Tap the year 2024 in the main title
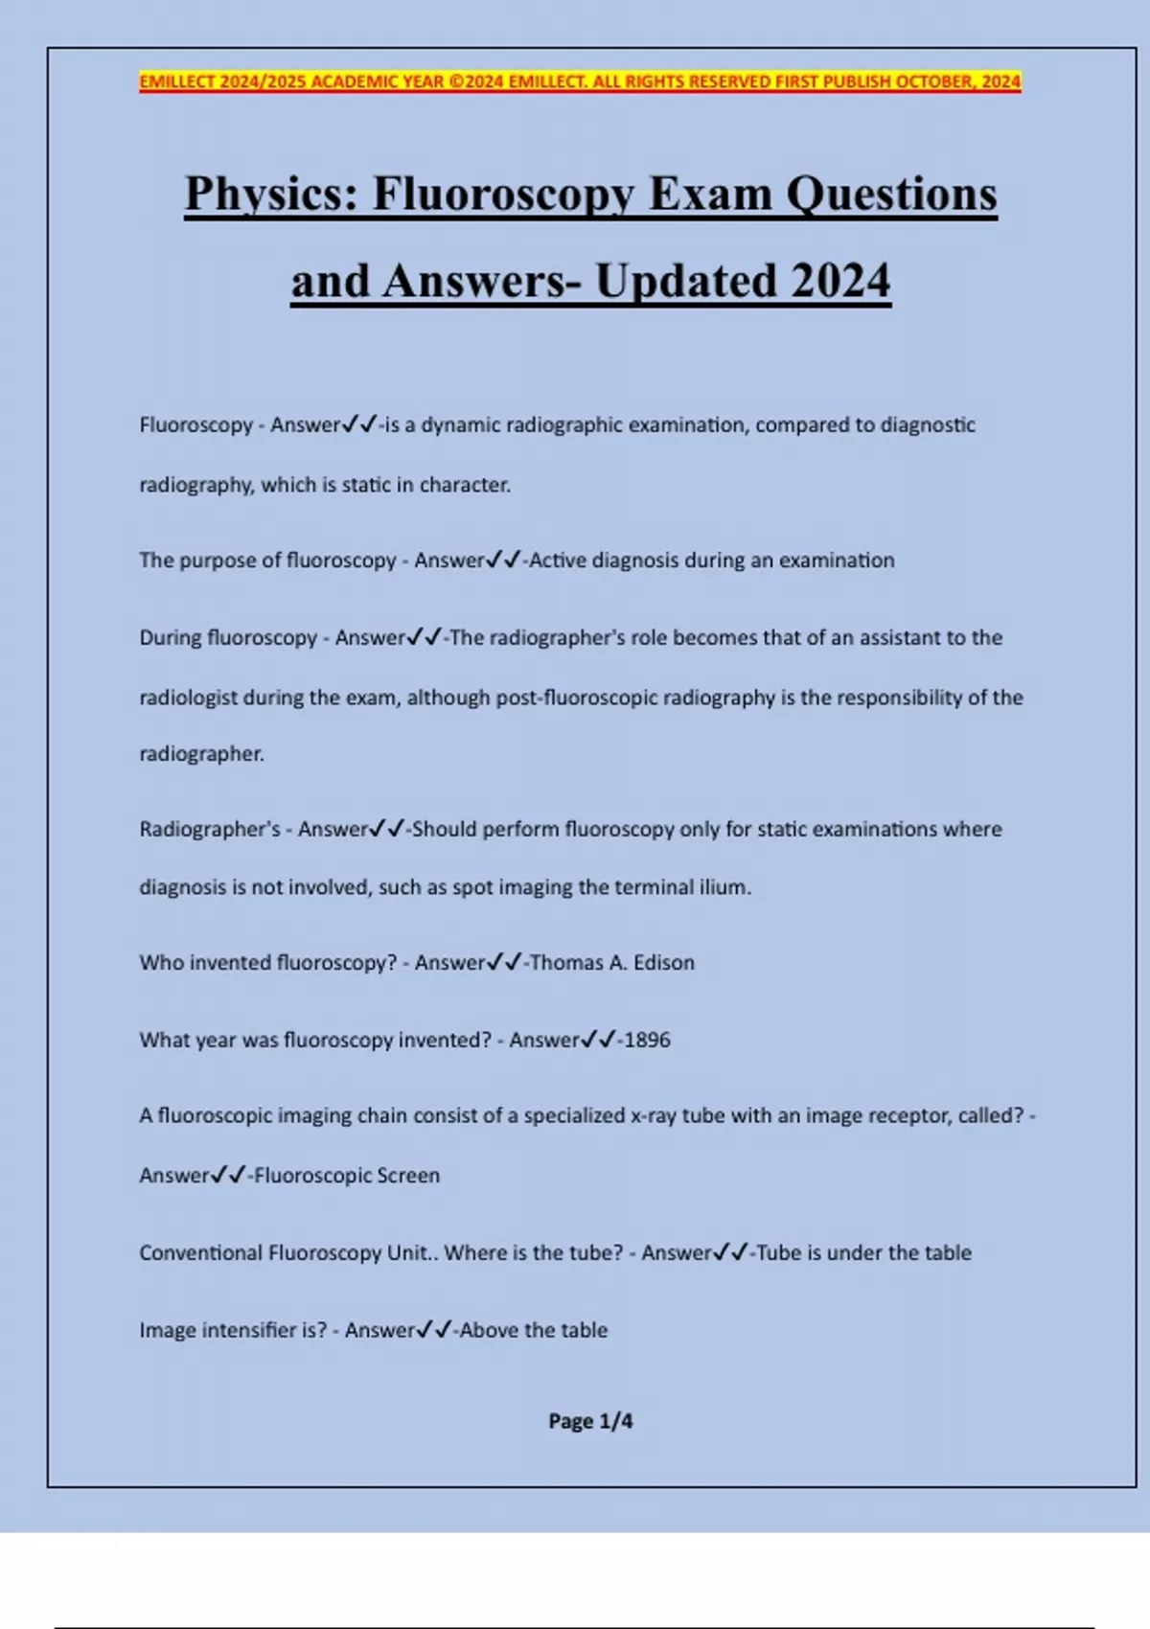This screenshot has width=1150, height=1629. pyautogui.click(x=840, y=282)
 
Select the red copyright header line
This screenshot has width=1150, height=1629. pyautogui.click(x=580, y=81)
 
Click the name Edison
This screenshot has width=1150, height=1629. pyautogui.click(x=663, y=963)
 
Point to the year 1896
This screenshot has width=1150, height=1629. pyautogui.click(x=647, y=1040)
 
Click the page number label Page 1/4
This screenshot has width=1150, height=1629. pyautogui.click(x=590, y=1421)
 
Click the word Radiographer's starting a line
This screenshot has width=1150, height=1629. pyautogui.click(x=210, y=829)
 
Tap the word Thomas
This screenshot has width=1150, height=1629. pyautogui.click(x=566, y=963)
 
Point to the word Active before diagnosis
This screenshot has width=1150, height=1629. pyautogui.click(x=557, y=561)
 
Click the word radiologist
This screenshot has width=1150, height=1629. pyautogui.click(x=188, y=698)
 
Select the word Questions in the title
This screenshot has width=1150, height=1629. pyautogui.click(x=892, y=195)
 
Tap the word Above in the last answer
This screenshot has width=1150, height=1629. pyautogui.click(x=489, y=1330)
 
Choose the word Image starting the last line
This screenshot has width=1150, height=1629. pyautogui.click(x=168, y=1330)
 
